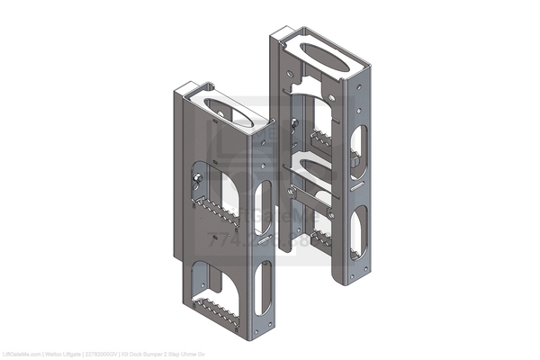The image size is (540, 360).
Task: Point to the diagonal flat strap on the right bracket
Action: [x=310, y=199]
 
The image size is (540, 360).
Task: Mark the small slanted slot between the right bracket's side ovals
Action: [x=356, y=187]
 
